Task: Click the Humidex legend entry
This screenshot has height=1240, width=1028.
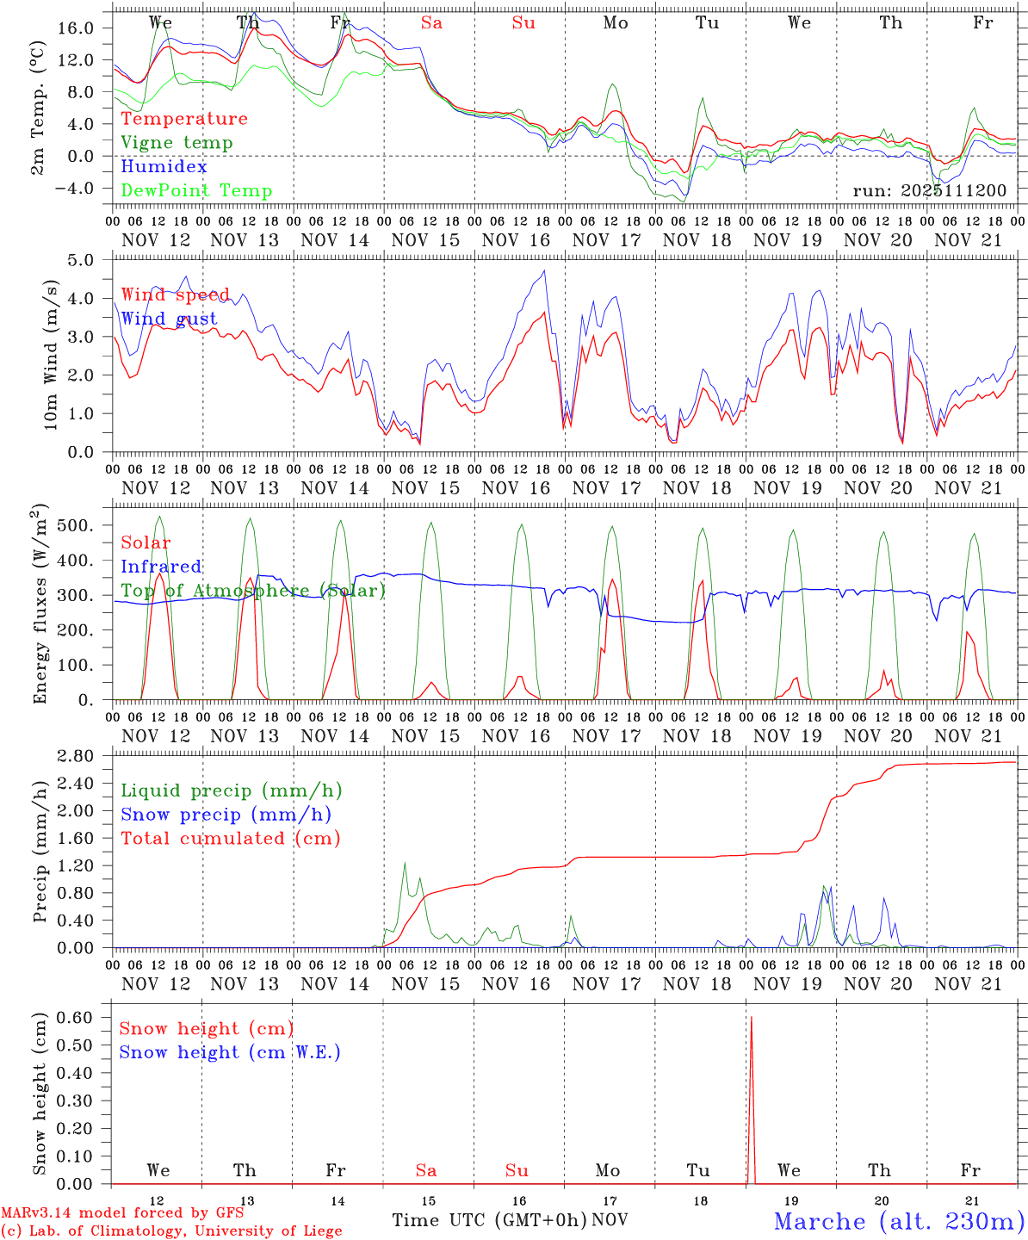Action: [x=164, y=167]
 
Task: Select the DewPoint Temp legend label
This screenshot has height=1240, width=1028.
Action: [x=196, y=191]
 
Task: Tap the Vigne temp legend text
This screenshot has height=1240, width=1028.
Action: [x=176, y=143]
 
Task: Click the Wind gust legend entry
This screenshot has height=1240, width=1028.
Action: [x=169, y=319]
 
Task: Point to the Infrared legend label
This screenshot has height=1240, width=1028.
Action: [x=161, y=567]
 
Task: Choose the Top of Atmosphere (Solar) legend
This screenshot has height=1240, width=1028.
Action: [x=253, y=591]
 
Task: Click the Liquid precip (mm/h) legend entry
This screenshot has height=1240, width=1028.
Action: [x=231, y=790]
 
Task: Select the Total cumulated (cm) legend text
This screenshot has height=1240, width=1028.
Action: [x=230, y=839]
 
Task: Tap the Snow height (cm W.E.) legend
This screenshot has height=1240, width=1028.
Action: [x=230, y=1052]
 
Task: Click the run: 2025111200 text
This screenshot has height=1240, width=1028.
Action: [x=929, y=191]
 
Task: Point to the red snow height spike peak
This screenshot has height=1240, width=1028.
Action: [x=751, y=1018]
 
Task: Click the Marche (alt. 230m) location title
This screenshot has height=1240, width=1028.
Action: [x=899, y=1221]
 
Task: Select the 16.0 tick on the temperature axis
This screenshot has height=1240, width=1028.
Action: [x=76, y=28]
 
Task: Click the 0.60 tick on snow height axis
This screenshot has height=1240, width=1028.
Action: [x=75, y=1017]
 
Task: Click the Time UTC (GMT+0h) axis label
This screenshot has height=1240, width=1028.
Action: [x=490, y=1220]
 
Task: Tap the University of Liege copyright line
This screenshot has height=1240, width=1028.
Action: [x=171, y=1231]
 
